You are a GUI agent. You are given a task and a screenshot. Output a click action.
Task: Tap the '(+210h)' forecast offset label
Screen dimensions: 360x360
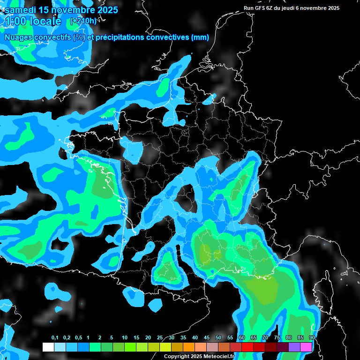(83, 21)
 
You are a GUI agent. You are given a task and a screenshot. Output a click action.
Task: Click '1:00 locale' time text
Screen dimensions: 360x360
(33, 22)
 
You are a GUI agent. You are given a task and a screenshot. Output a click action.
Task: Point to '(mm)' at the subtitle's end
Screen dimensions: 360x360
(200, 37)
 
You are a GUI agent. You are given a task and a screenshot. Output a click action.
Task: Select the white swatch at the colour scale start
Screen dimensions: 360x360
(48, 347)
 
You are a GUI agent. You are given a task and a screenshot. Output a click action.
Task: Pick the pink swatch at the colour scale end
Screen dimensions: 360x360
(306, 347)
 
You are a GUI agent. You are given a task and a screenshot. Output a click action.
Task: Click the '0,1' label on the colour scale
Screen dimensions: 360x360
(55, 338)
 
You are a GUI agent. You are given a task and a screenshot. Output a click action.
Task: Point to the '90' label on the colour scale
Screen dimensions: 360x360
(312, 338)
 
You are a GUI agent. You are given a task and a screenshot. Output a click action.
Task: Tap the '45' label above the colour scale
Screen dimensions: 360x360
(207, 338)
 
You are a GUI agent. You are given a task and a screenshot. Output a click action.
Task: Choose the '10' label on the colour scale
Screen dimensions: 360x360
(125, 338)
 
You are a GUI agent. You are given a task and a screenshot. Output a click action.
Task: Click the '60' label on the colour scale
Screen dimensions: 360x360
(242, 338)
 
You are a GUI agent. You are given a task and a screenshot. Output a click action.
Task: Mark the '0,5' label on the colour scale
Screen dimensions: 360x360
(78, 338)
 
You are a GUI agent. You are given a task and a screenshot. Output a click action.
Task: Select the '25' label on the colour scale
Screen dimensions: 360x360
(160, 338)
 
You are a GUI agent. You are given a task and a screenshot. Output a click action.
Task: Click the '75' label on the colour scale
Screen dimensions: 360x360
(277, 338)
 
